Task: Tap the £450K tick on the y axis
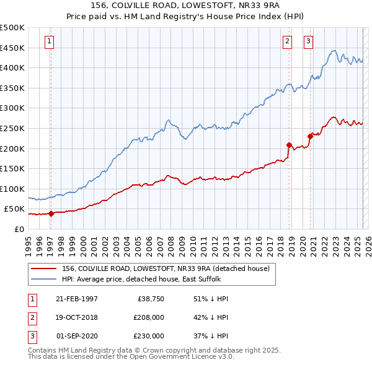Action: [12, 48]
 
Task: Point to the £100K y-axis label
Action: [12, 189]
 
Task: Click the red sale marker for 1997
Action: [51, 213]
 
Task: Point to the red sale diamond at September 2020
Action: [310, 136]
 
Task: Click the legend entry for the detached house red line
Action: [165, 268]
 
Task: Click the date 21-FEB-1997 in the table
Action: [77, 299]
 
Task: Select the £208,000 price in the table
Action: [149, 317]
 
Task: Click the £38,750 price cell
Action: [150, 299]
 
